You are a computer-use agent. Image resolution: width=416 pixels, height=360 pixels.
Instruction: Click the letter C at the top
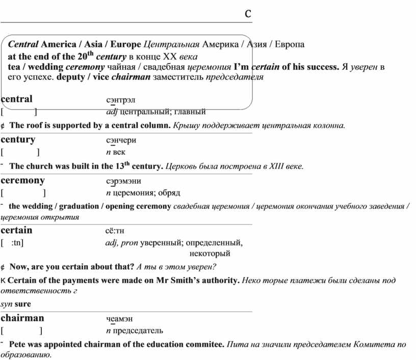[x=248, y=13]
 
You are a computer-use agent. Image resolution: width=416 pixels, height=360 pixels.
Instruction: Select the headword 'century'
[x=18, y=140]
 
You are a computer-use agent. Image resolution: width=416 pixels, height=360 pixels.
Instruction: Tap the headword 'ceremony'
[x=23, y=180]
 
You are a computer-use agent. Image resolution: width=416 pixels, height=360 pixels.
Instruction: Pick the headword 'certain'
[x=17, y=230]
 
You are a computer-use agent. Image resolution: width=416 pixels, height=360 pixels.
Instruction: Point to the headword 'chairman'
[x=22, y=318]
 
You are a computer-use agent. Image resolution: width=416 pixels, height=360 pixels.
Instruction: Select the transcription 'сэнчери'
[x=121, y=141]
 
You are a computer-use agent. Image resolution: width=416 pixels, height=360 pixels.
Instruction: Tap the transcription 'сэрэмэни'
[x=123, y=181]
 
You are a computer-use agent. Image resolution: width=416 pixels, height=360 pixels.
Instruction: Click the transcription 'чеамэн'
[x=119, y=319]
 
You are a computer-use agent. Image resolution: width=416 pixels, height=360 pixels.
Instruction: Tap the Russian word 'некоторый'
[x=210, y=253]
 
